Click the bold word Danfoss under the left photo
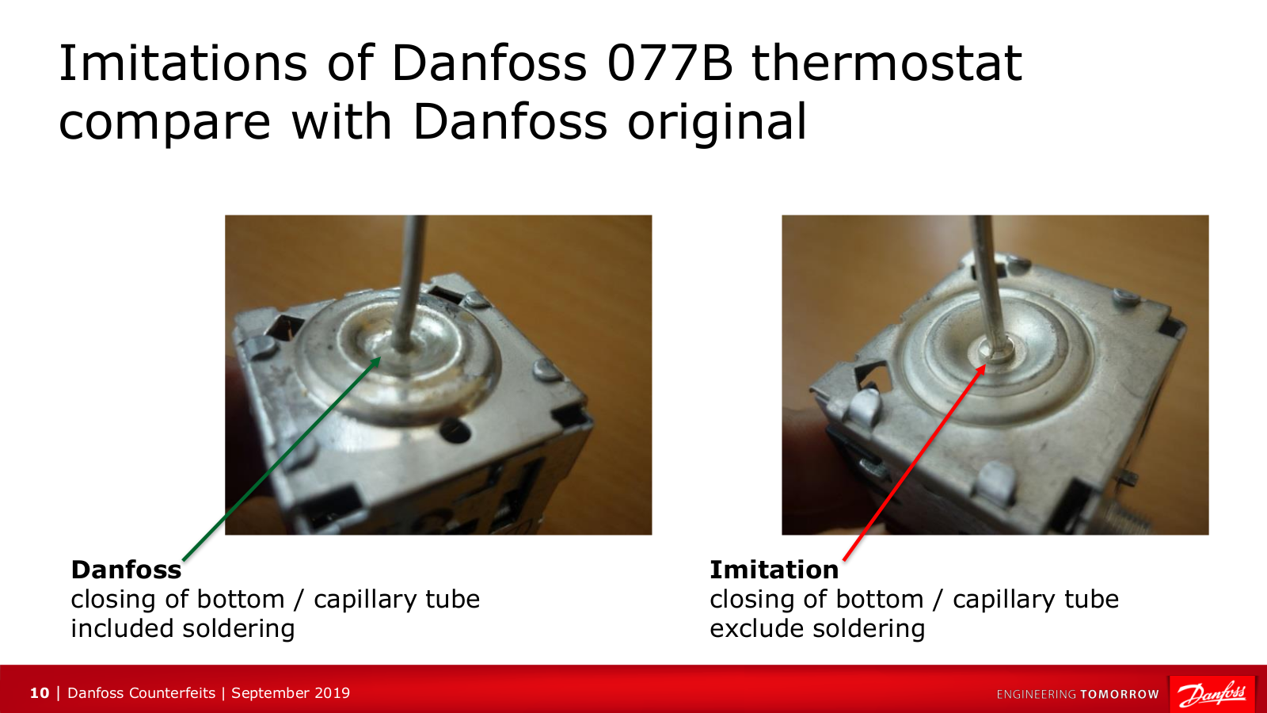click(126, 570)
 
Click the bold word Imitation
click(774, 570)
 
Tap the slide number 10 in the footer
click(40, 693)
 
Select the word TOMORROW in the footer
click(1120, 694)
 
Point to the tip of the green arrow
click(380, 357)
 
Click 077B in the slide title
click(670, 63)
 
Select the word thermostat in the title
click(887, 63)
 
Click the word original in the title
click(717, 121)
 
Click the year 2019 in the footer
click(332, 693)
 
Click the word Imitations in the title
click(183, 63)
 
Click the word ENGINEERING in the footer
click(1037, 694)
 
